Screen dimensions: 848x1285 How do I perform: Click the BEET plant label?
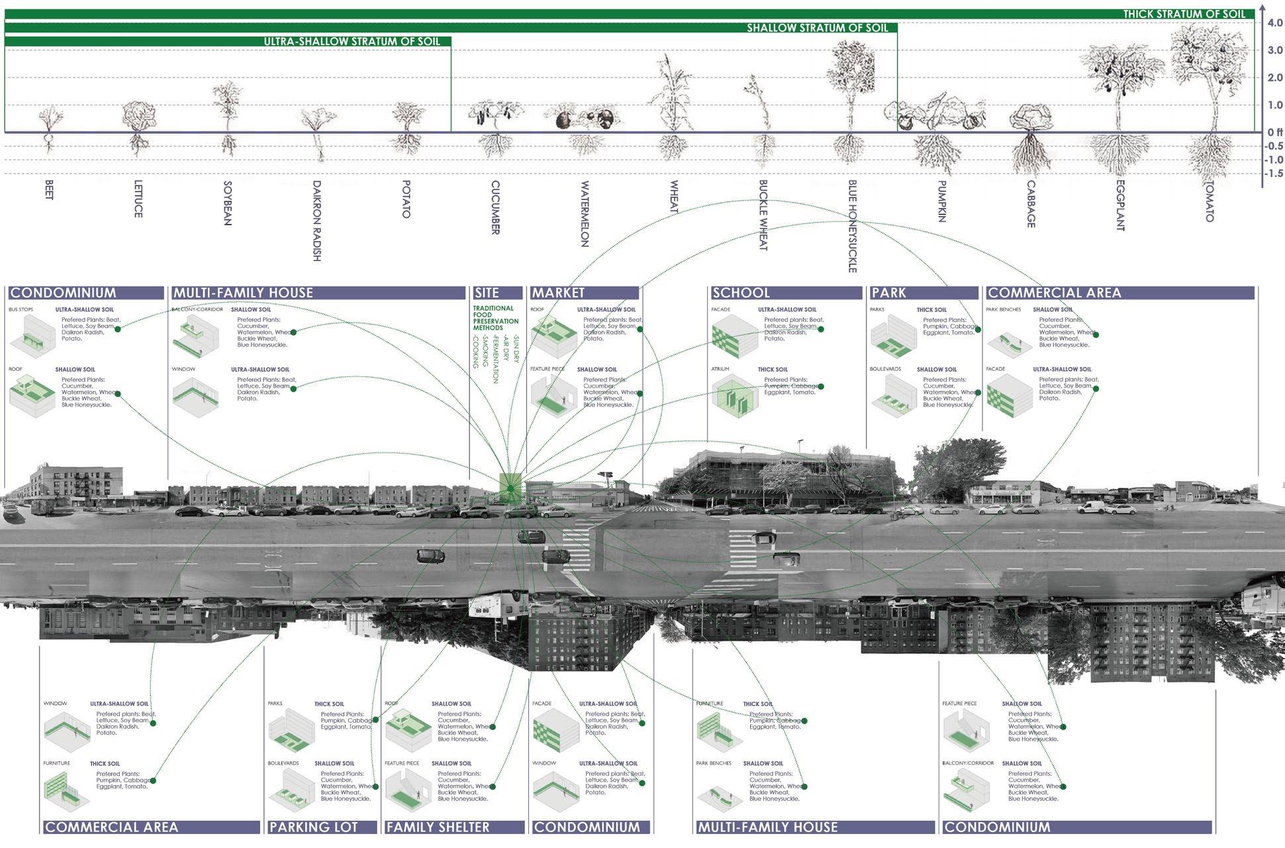tap(49, 190)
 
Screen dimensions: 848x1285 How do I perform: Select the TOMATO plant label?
tap(1209, 201)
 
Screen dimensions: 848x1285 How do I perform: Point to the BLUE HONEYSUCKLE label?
tap(852, 226)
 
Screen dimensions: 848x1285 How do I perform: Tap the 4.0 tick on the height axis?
tap(1274, 23)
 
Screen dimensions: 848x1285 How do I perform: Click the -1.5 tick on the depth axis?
tap(1274, 174)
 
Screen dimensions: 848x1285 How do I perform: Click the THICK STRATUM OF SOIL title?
tap(1184, 14)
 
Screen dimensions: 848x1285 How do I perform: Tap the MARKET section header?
tap(558, 293)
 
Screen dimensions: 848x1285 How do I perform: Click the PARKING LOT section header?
tap(313, 827)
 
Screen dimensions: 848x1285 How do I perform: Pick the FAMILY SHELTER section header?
tap(438, 827)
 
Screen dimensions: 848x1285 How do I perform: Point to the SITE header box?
tap(487, 293)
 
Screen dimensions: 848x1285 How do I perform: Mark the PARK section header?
tap(888, 293)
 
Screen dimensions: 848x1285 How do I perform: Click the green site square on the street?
tap(510, 488)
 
